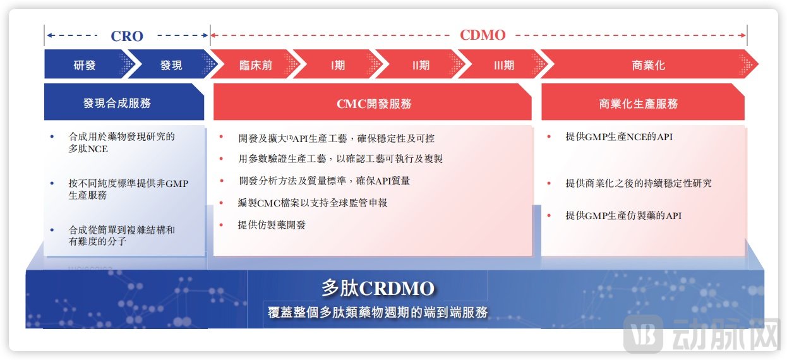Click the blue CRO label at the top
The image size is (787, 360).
click(x=127, y=35)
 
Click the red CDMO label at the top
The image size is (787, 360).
click(x=483, y=35)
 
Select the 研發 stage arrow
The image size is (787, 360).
click(x=85, y=65)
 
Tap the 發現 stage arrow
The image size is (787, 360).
click(x=171, y=65)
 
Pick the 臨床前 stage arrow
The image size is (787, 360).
click(x=256, y=65)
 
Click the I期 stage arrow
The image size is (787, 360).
click(x=338, y=65)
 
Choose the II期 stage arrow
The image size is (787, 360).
click(x=420, y=65)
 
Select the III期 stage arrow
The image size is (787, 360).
click(x=503, y=65)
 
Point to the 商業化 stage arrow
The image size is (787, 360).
click(x=648, y=65)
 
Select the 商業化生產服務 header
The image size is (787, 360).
click(x=639, y=104)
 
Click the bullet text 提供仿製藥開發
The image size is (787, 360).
click(x=272, y=225)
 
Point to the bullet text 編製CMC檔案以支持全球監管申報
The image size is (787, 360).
click(x=313, y=203)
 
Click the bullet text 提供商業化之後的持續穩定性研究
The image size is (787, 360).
click(x=638, y=183)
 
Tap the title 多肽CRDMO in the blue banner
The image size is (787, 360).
click(x=378, y=289)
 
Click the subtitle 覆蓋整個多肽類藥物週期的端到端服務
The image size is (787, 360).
click(x=378, y=312)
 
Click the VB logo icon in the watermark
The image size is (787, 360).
click(x=643, y=333)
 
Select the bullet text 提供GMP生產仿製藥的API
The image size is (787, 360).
click(x=623, y=216)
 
